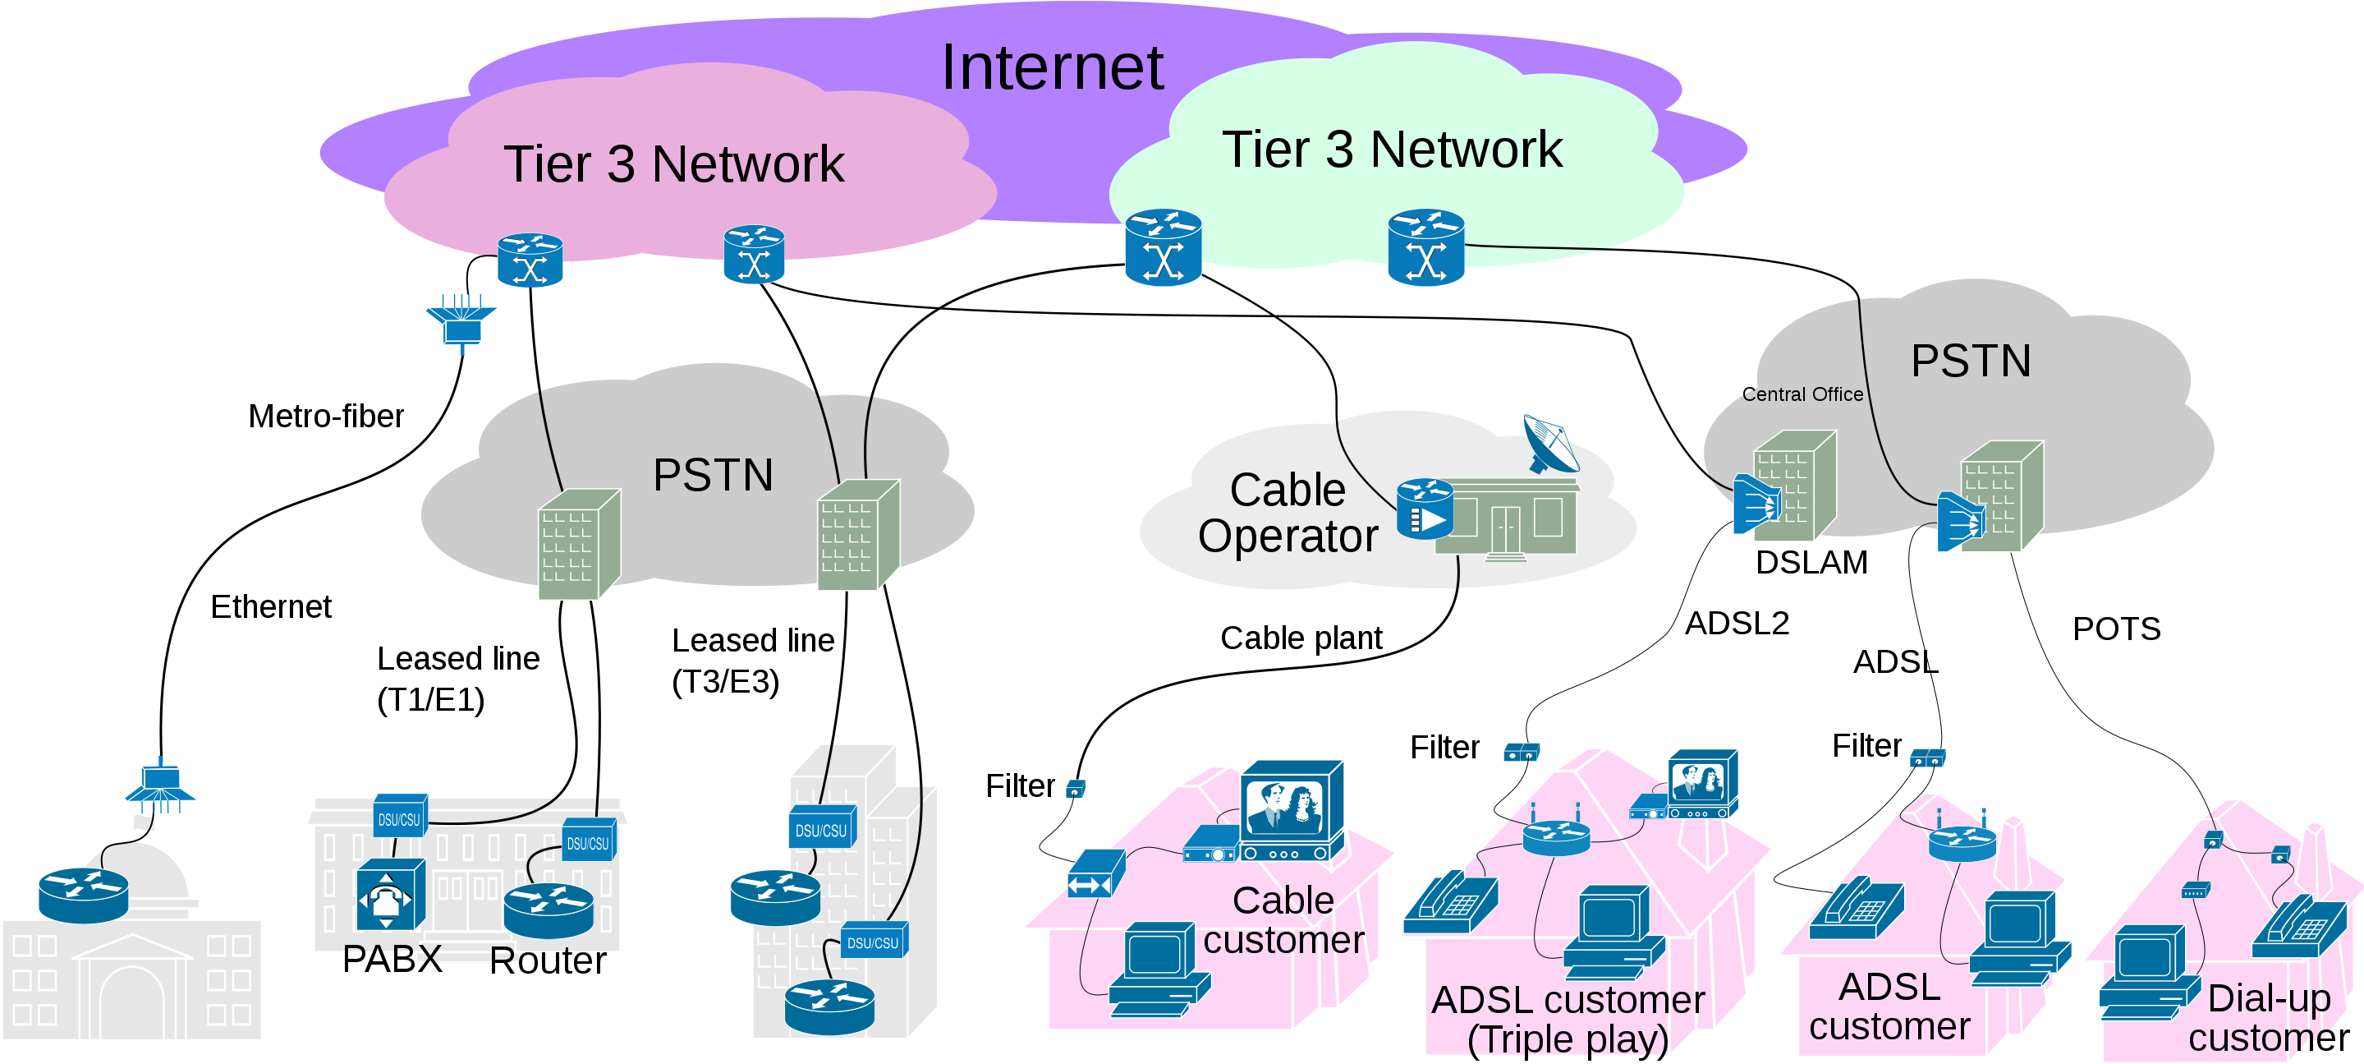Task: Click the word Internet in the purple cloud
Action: tap(1052, 68)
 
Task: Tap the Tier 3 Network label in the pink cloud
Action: tap(673, 164)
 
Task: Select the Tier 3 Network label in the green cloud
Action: tap(1391, 150)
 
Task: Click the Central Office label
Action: tap(1802, 394)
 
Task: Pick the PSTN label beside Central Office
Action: tap(1971, 361)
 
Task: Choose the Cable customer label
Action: tap(1284, 920)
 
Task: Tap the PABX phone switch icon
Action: tap(390, 895)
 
